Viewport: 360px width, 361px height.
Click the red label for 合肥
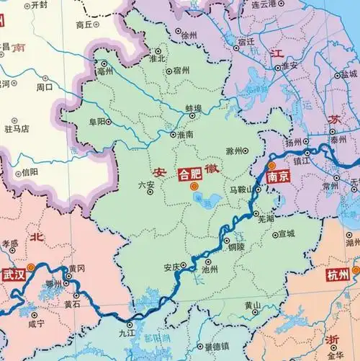pyautogui.click(x=190, y=174)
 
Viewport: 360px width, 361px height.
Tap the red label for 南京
pyautogui.click(x=276, y=175)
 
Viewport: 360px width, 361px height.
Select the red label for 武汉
pyautogui.click(x=13, y=275)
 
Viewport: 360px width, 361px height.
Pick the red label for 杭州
pyautogui.click(x=337, y=275)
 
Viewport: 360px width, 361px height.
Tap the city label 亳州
pyautogui.click(x=106, y=63)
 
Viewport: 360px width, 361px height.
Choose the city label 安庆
pyautogui.click(x=171, y=267)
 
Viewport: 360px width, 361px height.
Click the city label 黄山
pyautogui.click(x=252, y=305)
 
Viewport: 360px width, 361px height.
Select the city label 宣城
pyautogui.click(x=286, y=233)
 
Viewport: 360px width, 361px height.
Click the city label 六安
pyautogui.click(x=145, y=185)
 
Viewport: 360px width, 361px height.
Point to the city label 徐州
pyautogui.click(x=189, y=35)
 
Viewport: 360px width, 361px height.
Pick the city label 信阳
pyautogui.click(x=30, y=171)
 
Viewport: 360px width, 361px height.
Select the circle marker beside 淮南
pyautogui.click(x=171, y=134)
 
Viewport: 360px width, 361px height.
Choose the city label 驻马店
pyautogui.click(x=17, y=129)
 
